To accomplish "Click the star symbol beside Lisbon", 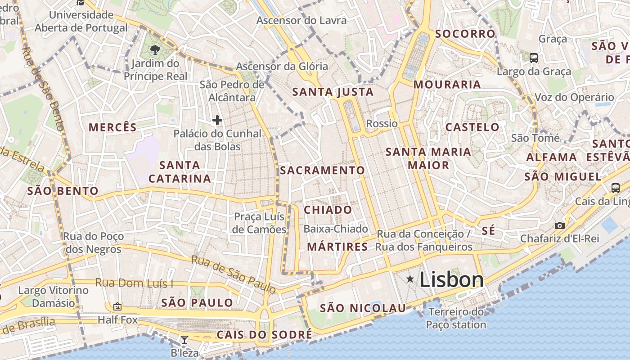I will (410, 279).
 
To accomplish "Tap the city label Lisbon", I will (451, 280).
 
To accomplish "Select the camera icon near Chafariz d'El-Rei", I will (559, 225).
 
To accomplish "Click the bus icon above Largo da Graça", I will (534, 58).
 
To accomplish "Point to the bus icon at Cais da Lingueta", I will (615, 188).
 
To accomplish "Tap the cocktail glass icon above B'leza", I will (184, 339).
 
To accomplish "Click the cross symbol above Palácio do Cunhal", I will (217, 120).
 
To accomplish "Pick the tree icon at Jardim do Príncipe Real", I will (155, 49).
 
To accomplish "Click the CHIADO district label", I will (328, 210).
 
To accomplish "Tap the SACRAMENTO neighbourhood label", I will (322, 171).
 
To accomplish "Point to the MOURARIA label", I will (447, 85).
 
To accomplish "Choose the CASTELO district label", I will (472, 127).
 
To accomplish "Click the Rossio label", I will (382, 123).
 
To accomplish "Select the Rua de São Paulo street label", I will (233, 274).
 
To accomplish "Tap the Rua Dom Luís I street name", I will (134, 283).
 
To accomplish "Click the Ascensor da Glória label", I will (282, 67).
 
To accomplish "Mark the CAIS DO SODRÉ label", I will (264, 335).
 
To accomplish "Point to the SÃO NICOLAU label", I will (363, 308).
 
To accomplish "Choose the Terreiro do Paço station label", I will (456, 318).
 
